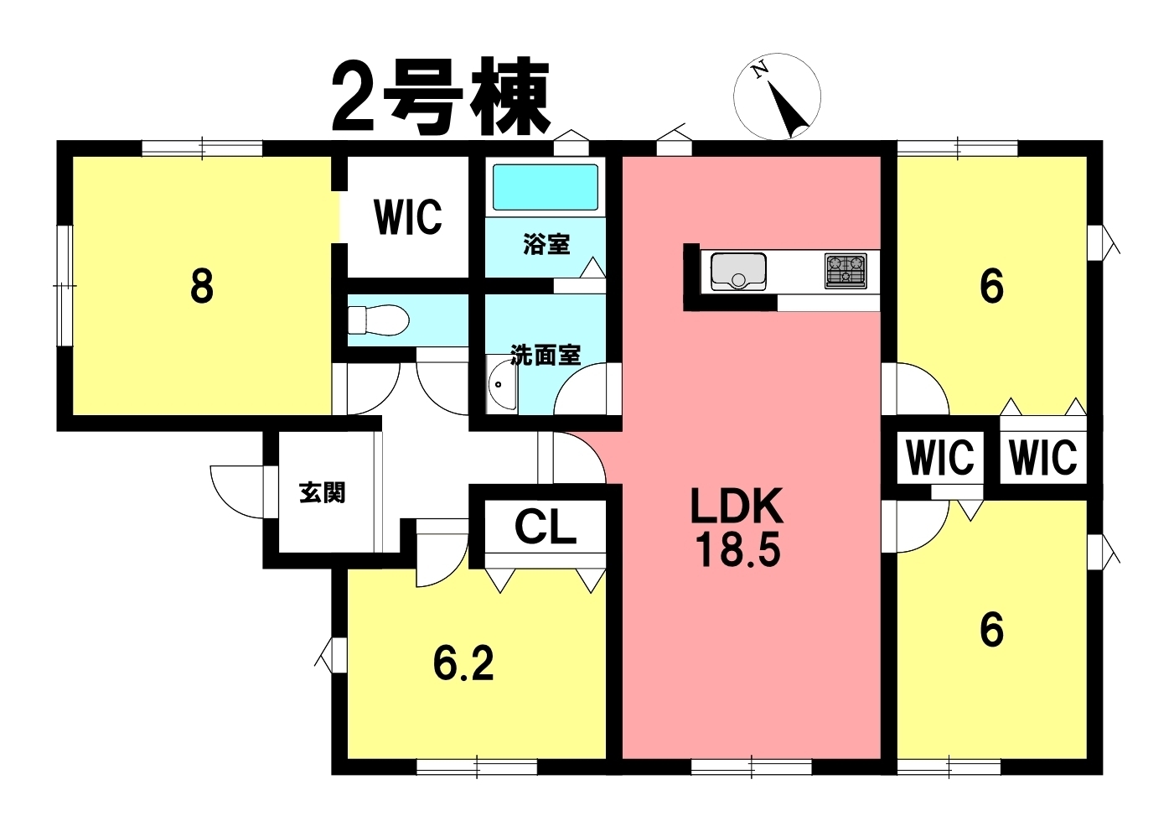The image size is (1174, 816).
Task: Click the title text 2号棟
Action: click(x=441, y=99)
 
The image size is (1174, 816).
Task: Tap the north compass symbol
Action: click(x=777, y=96)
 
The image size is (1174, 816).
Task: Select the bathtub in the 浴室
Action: click(x=546, y=187)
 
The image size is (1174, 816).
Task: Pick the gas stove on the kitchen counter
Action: click(x=846, y=271)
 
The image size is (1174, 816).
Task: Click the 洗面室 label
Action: click(x=546, y=356)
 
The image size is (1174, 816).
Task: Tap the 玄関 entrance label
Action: click(x=323, y=492)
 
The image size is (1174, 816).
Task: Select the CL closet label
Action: click(x=546, y=528)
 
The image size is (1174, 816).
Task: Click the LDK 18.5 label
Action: click(x=737, y=528)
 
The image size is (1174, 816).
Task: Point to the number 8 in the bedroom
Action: click(x=201, y=287)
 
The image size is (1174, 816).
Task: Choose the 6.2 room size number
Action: click(x=463, y=664)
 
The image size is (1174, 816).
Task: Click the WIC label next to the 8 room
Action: click(x=408, y=216)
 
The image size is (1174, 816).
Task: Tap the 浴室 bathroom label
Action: click(x=546, y=244)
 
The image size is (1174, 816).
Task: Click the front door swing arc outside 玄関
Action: click(x=237, y=491)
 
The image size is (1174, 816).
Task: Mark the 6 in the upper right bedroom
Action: click(x=991, y=287)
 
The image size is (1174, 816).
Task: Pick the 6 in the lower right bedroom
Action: click(x=991, y=630)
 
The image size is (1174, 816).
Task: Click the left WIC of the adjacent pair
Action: click(x=940, y=458)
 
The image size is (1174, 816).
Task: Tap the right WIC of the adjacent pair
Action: click(x=1043, y=458)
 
